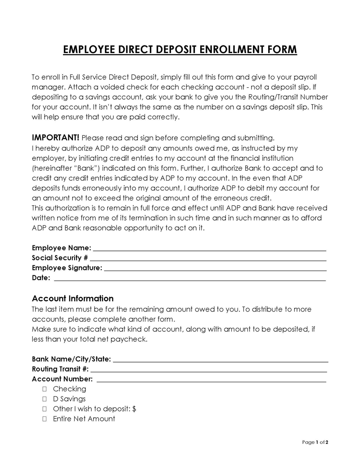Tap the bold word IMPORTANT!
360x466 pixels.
click(56, 137)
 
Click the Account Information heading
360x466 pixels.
click(73, 299)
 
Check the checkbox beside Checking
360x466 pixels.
click(45, 389)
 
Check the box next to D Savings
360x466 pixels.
click(45, 399)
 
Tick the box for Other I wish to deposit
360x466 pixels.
click(45, 409)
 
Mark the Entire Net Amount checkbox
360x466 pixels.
click(45, 419)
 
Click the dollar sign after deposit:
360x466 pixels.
click(135, 409)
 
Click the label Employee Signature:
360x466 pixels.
click(67, 268)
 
